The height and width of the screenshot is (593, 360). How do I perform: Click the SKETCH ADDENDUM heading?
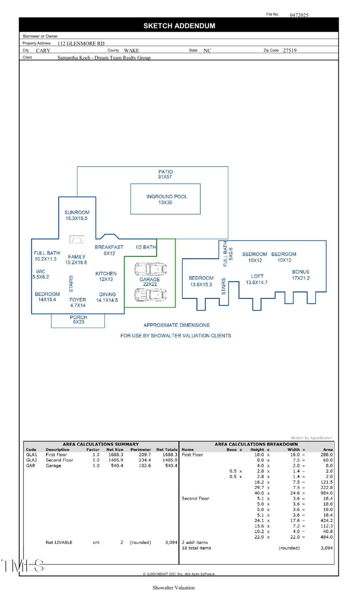coord(179,26)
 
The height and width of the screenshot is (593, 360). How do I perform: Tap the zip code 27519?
coord(290,51)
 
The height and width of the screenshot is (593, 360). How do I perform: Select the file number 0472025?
coord(299,15)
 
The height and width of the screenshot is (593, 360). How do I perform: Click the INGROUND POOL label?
coord(166,199)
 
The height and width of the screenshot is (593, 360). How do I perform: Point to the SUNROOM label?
coord(77,215)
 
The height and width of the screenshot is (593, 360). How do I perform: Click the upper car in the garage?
coord(150,269)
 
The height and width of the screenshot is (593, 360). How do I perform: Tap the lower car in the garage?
coord(150,295)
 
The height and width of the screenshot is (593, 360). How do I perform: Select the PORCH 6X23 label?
coord(78,320)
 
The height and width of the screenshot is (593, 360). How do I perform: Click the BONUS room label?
coord(301,275)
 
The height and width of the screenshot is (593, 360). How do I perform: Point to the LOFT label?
coord(257,279)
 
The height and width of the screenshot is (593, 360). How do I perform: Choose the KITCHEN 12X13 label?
coord(106,276)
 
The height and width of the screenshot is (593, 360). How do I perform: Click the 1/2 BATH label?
coord(145,247)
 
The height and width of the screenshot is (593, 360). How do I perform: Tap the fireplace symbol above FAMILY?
coord(76,240)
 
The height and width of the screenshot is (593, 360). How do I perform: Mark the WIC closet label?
coord(40,274)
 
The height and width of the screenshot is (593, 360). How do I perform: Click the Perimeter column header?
coord(140,449)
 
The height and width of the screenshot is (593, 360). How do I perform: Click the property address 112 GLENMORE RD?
coord(81,44)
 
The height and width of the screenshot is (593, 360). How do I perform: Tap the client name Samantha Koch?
coord(104,58)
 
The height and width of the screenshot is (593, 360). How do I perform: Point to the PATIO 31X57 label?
coord(166,174)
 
